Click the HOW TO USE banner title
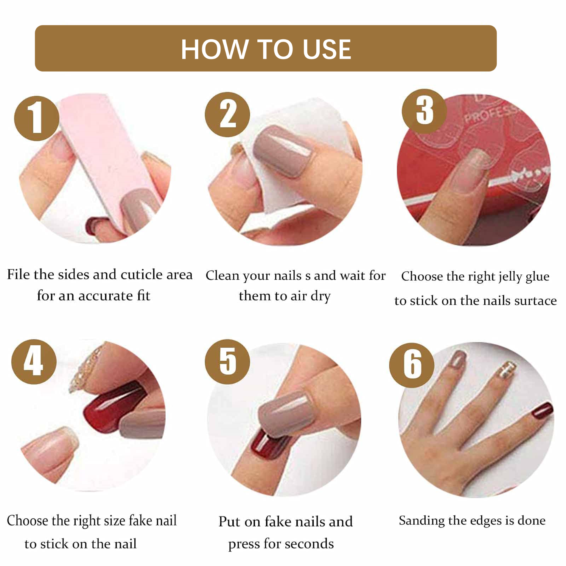coord(266,49)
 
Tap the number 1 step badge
coord(37,118)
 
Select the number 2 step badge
coord(227,114)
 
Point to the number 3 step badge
coord(424,111)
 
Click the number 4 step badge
coord(34,362)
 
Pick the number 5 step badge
coord(227,362)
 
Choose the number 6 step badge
coord(412,365)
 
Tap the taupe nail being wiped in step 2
coord(282,150)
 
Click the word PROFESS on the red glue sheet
coord(493,113)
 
